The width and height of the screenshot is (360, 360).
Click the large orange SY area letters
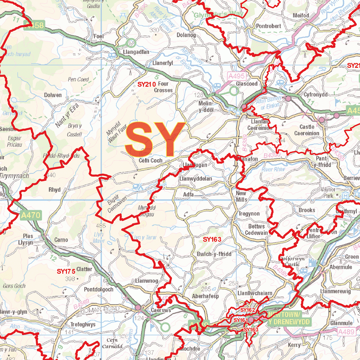pos(155,139)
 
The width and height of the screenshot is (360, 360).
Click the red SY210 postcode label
pos(146,84)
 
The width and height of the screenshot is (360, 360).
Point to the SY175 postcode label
pos(66,271)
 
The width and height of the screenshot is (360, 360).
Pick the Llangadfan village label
pos(136,52)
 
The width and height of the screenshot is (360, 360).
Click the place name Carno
pos(61,240)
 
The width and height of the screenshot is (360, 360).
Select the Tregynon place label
pos(249,214)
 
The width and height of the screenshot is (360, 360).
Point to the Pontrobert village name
pos(268,26)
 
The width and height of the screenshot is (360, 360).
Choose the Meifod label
pos(301,15)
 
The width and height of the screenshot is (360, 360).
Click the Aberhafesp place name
pos(205,296)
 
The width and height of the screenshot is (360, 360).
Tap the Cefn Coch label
pos(150,161)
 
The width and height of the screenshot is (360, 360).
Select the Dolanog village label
pos(186,35)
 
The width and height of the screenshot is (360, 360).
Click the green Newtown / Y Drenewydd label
pos(289,318)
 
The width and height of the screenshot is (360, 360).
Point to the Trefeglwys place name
pos(83,324)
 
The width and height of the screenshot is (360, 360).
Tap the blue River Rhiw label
pos(273,169)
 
